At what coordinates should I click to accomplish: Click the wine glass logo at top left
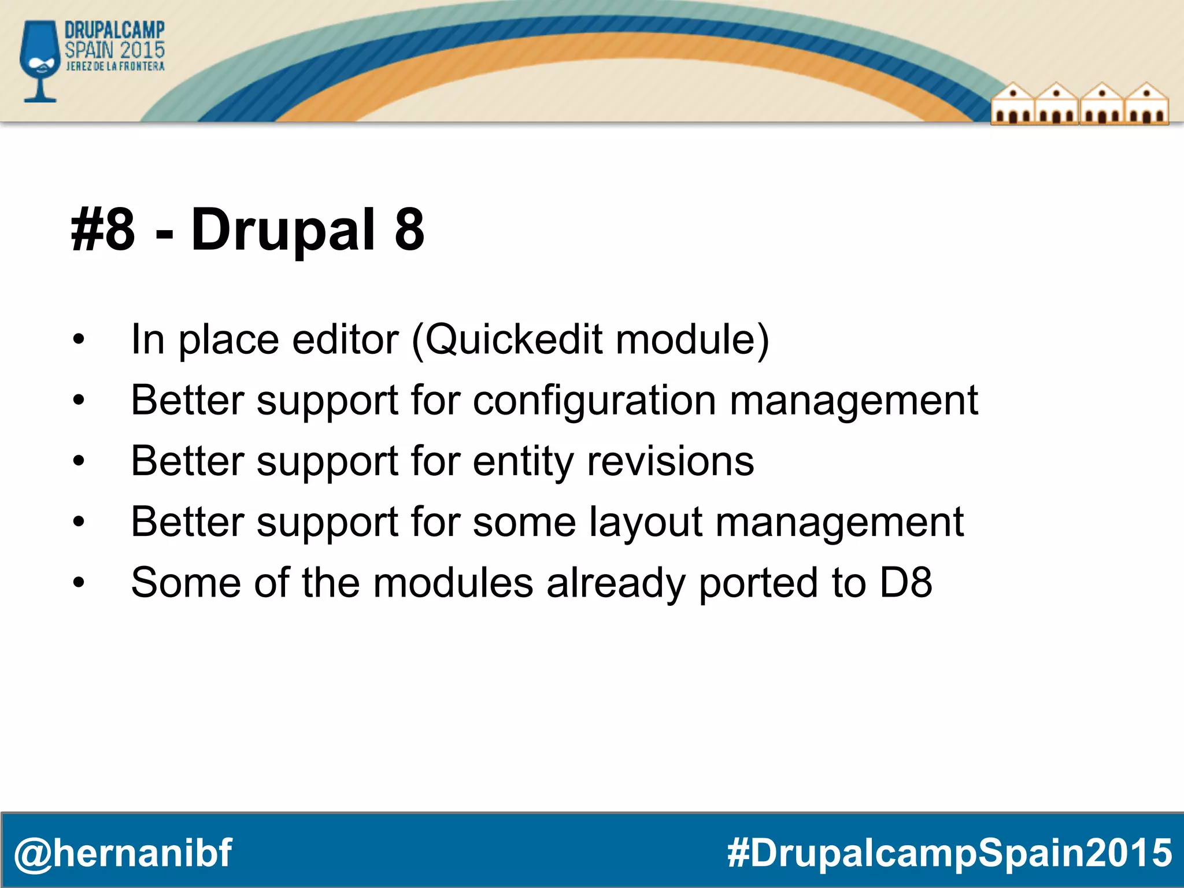39,60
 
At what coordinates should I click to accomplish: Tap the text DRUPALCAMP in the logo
114,31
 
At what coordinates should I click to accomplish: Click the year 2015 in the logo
143,50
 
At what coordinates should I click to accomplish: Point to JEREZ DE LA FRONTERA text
115,66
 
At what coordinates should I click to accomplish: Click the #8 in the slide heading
103,230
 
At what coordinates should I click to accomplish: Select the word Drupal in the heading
284,230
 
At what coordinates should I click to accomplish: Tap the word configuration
594,400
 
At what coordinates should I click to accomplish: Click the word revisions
670,461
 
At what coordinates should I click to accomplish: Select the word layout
646,522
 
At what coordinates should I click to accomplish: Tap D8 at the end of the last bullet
905,583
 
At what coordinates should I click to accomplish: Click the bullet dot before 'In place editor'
79,340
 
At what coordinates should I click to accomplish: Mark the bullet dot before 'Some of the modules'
79,583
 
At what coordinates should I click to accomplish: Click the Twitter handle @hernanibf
123,853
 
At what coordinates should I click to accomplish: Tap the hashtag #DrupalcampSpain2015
949,853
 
